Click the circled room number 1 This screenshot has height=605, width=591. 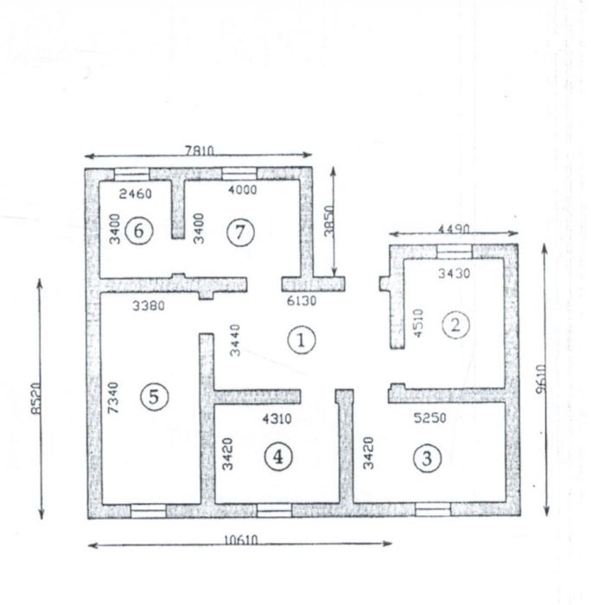tap(302, 340)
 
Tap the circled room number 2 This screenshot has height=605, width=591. tap(455, 325)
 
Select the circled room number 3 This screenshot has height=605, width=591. tap(427, 458)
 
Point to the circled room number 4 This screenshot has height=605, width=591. tap(278, 457)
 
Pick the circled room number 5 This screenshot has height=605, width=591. tap(155, 397)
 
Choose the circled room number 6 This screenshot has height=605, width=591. tap(139, 231)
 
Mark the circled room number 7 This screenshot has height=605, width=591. tap(240, 232)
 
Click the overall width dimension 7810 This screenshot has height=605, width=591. tap(199, 150)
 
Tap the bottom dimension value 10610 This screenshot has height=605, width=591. tap(241, 540)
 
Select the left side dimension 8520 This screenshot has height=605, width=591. tap(35, 398)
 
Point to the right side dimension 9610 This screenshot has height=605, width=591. tap(541, 379)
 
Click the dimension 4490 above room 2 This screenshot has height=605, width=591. tap(454, 229)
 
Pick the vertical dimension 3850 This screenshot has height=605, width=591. tap(328, 220)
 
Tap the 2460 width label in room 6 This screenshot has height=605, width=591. tap(136, 194)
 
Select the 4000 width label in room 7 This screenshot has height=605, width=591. tap(242, 190)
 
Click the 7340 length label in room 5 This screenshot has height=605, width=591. tap(113, 398)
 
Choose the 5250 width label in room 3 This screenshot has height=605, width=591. tap(429, 417)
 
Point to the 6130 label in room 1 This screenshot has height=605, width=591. tap(302, 301)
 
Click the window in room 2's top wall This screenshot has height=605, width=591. tap(454, 252)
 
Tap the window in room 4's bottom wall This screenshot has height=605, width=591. tap(274, 511)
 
